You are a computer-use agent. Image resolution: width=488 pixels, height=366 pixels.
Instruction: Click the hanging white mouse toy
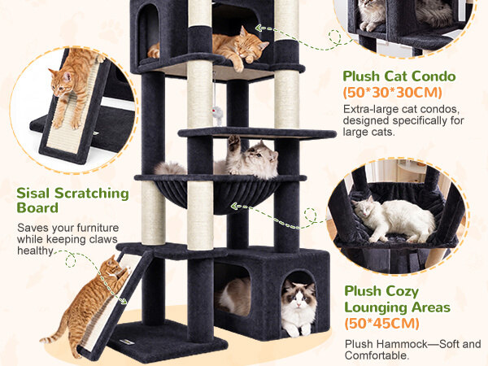pos(217,112)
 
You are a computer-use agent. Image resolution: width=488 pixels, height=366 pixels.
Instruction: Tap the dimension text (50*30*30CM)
pos(393,93)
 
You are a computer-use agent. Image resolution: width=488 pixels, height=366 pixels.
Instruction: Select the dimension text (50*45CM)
pos(382,323)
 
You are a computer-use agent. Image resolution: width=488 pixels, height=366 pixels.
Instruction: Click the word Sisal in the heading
pos(33,193)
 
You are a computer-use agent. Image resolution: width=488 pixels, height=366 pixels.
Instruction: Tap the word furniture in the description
pos(98,228)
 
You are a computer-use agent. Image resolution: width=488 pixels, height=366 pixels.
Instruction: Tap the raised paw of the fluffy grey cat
pos(233,141)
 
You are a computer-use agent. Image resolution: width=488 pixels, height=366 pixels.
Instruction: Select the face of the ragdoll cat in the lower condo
pos(298,296)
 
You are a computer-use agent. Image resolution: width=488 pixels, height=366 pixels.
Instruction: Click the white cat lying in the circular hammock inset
pos(394,218)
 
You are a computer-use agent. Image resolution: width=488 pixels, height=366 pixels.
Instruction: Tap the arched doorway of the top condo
pos(148,31)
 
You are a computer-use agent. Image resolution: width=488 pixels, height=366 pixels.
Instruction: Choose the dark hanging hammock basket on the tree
pos(218,195)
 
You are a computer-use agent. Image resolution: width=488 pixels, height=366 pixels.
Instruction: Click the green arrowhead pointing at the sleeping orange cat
pos(259,28)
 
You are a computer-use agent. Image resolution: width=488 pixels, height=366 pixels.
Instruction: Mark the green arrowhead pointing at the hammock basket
pos(234,206)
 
